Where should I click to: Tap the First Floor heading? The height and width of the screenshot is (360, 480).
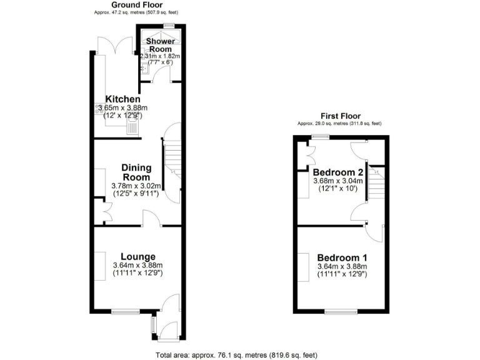pos(340,116)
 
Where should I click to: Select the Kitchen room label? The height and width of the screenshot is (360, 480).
pos(122,99)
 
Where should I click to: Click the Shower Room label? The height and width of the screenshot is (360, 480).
pos(160,45)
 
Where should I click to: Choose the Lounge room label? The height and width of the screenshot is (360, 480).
pos(137,256)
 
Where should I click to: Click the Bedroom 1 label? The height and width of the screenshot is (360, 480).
pos(342,257)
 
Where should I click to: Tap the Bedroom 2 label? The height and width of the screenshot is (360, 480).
pos(338,172)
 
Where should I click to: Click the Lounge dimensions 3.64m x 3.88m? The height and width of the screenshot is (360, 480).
pos(137,266)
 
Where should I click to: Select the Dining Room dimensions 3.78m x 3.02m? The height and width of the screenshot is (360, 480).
pos(136,186)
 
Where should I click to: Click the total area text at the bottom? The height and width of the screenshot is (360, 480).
pos(236,354)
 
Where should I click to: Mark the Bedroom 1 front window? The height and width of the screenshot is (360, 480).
pos(341,311)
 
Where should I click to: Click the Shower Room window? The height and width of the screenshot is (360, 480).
pos(168,25)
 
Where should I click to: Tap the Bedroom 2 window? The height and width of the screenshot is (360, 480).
pos(322,136)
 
